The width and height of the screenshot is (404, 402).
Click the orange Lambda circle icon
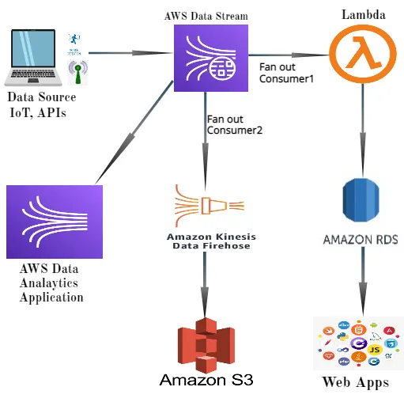(x=363, y=54)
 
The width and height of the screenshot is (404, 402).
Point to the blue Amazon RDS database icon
(x=363, y=202)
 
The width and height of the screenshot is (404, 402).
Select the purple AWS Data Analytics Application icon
(x=54, y=222)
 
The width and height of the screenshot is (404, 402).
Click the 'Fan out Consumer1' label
(x=287, y=73)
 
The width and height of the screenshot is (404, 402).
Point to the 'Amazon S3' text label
(x=206, y=380)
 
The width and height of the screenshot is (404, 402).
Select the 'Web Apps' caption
(x=355, y=383)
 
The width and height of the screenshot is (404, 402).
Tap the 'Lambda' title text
(x=363, y=15)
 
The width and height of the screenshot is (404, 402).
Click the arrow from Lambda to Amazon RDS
(x=362, y=127)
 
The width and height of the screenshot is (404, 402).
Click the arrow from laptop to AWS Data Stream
(x=131, y=54)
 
